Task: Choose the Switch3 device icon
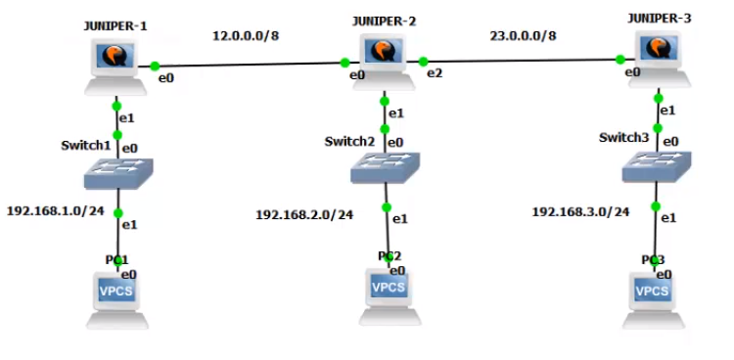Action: pos(658,167)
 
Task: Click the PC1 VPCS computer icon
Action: pos(115,296)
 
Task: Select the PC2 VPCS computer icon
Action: pos(389,292)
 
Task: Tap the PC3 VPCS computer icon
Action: pos(653,295)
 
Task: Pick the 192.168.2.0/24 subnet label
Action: pos(304,214)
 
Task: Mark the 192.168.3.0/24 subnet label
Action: pos(580,210)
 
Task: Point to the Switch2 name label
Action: pos(349,142)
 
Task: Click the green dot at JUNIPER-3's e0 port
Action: pos(621,60)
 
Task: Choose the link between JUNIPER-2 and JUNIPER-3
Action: pos(523,61)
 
